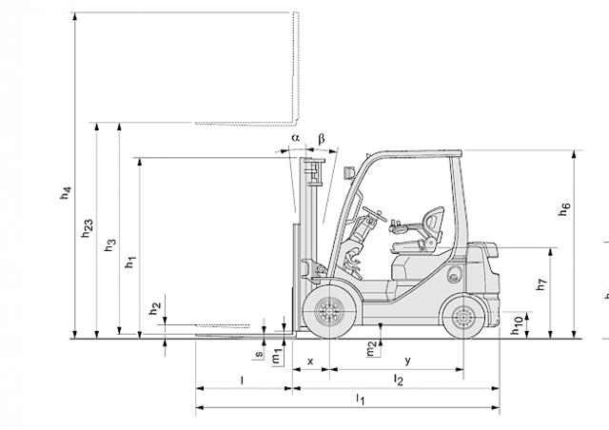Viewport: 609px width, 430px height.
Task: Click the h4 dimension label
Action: pyautogui.click(x=66, y=193)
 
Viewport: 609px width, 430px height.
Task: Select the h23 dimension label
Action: pyautogui.click(x=88, y=228)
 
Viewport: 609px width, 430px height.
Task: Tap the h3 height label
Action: pyautogui.click(x=110, y=244)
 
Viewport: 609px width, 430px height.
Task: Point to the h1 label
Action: pyautogui.click(x=130, y=262)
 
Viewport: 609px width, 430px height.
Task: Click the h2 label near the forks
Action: pyautogui.click(x=155, y=308)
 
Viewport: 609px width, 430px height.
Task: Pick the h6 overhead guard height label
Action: pyautogui.click(x=564, y=209)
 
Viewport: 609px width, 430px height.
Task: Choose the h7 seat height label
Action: pyautogui.click(x=541, y=283)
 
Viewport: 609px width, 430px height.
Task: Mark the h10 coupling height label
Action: pyautogui.click(x=517, y=325)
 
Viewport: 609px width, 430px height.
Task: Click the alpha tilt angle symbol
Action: pyautogui.click(x=296, y=138)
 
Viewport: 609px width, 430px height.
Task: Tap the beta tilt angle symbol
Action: pyautogui.click(x=322, y=139)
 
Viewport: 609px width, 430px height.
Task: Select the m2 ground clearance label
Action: pyautogui.click(x=372, y=348)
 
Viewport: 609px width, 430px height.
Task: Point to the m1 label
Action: pyautogui.click(x=277, y=356)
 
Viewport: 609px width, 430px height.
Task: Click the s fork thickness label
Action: pyautogui.click(x=259, y=354)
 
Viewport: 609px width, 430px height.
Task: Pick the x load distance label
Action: pyautogui.click(x=310, y=362)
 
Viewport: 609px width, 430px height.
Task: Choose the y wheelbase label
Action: pyautogui.click(x=407, y=361)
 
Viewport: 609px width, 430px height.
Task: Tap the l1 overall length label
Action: pyautogui.click(x=361, y=399)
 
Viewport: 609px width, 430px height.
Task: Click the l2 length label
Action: pyautogui.click(x=399, y=380)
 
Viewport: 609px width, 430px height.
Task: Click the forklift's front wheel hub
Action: pyautogui.click(x=330, y=311)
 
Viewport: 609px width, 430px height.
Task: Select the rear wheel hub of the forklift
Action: pyautogui.click(x=463, y=318)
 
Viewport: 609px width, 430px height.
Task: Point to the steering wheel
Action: pyautogui.click(x=375, y=214)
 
